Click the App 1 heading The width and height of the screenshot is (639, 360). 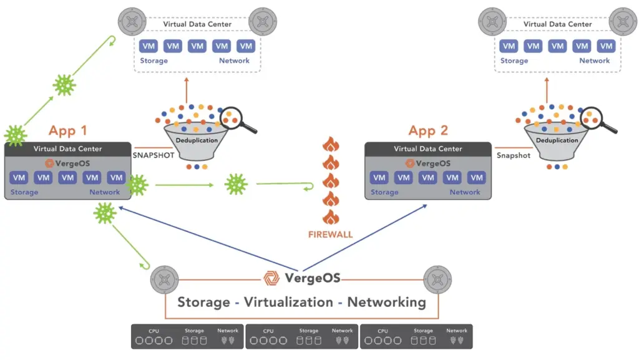tap(68, 131)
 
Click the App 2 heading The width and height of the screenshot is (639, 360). tap(429, 131)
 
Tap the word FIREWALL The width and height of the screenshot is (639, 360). tap(330, 235)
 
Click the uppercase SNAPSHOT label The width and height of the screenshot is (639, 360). tap(152, 155)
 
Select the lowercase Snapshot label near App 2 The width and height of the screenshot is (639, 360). tap(513, 155)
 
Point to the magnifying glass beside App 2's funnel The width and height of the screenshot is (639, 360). tap(595, 117)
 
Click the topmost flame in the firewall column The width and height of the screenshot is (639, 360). tap(331, 145)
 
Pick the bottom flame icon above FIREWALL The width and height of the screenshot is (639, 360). tap(331, 218)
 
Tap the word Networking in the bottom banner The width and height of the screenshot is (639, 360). tap(386, 303)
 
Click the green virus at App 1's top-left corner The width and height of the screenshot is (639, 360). tap(14, 135)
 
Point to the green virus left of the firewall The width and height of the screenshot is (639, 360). tap(236, 184)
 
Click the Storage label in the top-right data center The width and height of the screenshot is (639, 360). tap(514, 61)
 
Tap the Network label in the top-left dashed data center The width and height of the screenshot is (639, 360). tap(234, 61)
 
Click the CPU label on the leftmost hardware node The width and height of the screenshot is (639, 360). tap(154, 331)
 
